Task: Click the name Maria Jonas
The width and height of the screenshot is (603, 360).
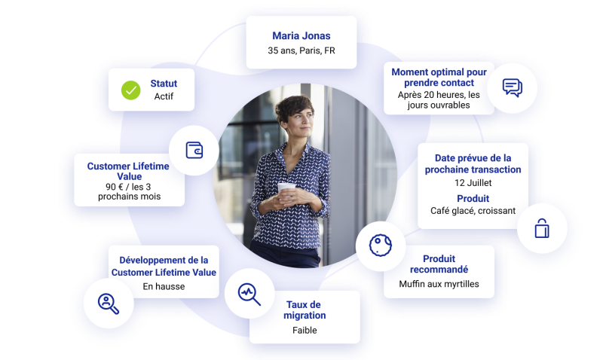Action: pyautogui.click(x=301, y=35)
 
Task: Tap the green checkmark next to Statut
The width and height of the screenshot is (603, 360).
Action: pyautogui.click(x=130, y=90)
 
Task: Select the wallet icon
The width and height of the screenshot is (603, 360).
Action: pyautogui.click(x=194, y=150)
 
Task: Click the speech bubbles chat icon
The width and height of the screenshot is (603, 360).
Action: pyautogui.click(x=513, y=87)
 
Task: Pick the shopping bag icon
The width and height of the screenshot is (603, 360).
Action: pyautogui.click(x=542, y=228)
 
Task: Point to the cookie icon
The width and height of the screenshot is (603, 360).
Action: pyautogui.click(x=381, y=245)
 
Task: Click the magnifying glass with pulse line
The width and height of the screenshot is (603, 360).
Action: pyautogui.click(x=249, y=294)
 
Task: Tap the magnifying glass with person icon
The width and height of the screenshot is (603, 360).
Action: pyautogui.click(x=109, y=304)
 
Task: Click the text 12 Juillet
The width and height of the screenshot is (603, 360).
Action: pyautogui.click(x=473, y=183)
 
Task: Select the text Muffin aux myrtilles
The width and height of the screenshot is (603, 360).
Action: pyautogui.click(x=439, y=284)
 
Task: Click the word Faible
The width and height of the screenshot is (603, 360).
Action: pyautogui.click(x=305, y=330)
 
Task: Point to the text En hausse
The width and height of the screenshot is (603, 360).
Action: pyautogui.click(x=164, y=286)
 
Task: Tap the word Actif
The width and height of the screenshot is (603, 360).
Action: pyautogui.click(x=164, y=96)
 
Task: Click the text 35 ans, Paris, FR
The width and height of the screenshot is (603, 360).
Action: pyautogui.click(x=301, y=50)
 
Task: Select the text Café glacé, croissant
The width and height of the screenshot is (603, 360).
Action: pyautogui.click(x=473, y=211)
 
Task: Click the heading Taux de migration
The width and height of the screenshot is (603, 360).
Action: pyautogui.click(x=305, y=310)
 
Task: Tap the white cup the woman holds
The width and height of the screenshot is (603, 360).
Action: pyautogui.click(x=286, y=190)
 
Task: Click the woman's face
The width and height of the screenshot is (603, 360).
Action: pyautogui.click(x=301, y=120)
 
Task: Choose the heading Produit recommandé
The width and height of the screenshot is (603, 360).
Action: pyautogui.click(x=439, y=264)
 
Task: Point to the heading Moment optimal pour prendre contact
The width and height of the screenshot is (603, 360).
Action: pyautogui.click(x=439, y=78)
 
